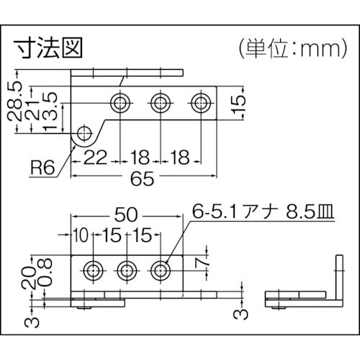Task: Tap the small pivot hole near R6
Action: point(85,133)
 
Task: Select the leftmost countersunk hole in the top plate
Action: point(120,102)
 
